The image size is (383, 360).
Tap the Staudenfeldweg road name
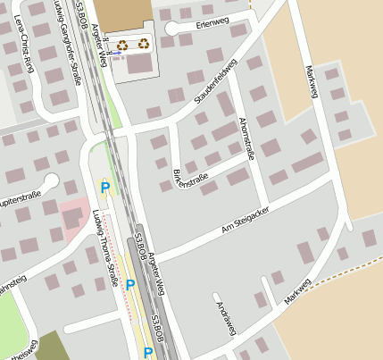[x=213, y=81]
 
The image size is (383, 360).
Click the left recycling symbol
[x=122, y=43]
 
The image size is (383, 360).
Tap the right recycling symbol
[x=144, y=42]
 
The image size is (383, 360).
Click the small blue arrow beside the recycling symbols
[x=115, y=53]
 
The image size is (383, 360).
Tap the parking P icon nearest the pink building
[x=105, y=188]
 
